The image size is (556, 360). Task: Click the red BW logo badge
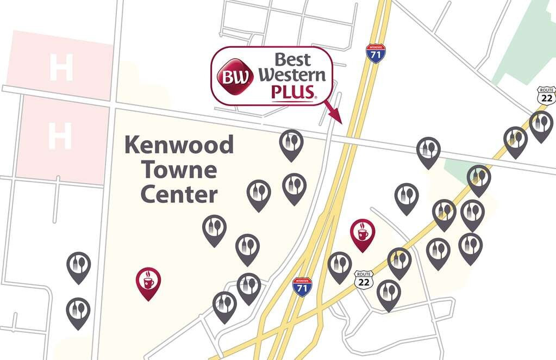(235, 76)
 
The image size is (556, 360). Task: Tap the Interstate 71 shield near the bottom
(302, 286)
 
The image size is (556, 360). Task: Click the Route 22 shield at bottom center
(364, 280)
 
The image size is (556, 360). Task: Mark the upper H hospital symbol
(60, 67)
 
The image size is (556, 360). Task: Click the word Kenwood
(179, 146)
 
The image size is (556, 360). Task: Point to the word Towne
(179, 170)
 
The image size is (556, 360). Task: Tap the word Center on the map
(179, 194)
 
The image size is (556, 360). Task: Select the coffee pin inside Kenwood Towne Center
(148, 283)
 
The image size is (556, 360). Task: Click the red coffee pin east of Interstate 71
(362, 234)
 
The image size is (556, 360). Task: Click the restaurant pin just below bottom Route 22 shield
(389, 294)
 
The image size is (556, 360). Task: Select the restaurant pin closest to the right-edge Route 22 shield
(541, 126)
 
